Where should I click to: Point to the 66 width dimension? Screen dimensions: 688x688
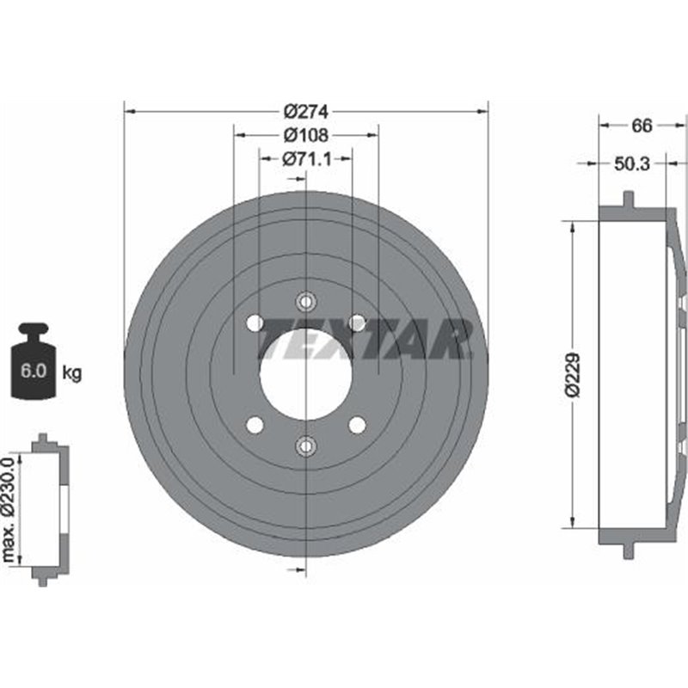coord(641,126)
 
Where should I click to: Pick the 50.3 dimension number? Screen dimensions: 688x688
coord(632,163)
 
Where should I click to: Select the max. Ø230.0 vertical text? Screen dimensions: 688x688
coord(9,512)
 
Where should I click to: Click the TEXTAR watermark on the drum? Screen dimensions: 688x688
coord(365,338)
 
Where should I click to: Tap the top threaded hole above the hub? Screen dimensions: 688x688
coord(305,302)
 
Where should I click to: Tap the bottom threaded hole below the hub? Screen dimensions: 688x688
coord(305,445)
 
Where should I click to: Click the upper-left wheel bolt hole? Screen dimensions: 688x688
coord(254,322)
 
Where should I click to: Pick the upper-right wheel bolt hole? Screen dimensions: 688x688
coord(357,322)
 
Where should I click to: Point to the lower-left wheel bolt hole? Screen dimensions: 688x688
coord(254,425)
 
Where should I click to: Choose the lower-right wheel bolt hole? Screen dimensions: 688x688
coord(357,425)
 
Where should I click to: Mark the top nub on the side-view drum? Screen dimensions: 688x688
coord(628,200)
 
